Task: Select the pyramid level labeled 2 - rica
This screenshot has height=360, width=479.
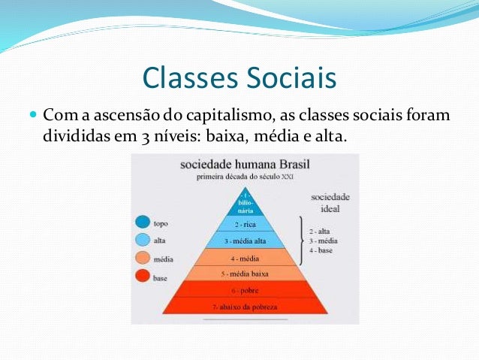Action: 246,224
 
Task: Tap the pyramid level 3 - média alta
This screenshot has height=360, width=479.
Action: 246,241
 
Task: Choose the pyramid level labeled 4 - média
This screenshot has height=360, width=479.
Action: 246,258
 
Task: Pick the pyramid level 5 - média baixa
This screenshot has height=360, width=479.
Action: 246,274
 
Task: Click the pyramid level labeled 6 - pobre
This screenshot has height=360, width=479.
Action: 246,290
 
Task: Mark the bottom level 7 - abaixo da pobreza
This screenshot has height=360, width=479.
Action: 246,307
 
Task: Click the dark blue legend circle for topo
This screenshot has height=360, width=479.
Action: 142,222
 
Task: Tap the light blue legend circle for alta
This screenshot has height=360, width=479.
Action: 142,241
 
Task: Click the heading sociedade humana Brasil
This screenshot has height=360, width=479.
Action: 245,165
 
